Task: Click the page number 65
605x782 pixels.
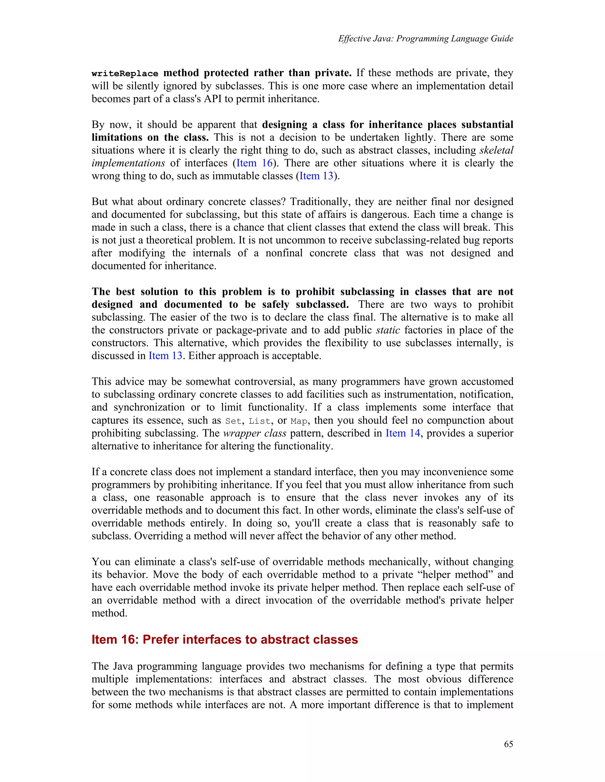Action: pyautogui.click(x=508, y=744)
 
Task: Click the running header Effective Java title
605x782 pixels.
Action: pyautogui.click(x=425, y=39)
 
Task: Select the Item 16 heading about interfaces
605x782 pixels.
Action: pyautogui.click(x=225, y=639)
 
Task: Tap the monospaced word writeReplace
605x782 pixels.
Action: pyautogui.click(x=125, y=73)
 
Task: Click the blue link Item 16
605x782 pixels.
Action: pyautogui.click(x=254, y=163)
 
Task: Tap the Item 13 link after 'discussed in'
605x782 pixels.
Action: pyautogui.click(x=165, y=356)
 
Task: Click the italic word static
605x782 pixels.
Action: pyautogui.click(x=388, y=330)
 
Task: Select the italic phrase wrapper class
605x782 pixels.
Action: pyautogui.click(x=254, y=433)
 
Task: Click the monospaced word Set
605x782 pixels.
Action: pyautogui.click(x=233, y=421)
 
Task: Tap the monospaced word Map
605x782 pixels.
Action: pyautogui.click(x=299, y=421)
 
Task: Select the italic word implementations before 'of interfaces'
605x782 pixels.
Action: pyautogui.click(x=128, y=163)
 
